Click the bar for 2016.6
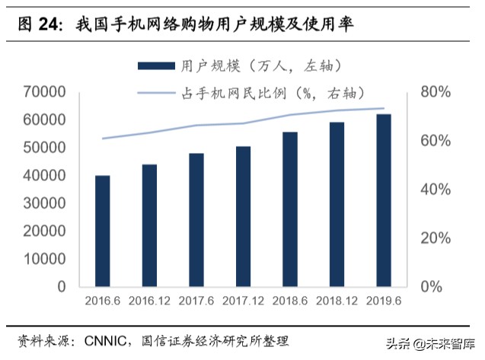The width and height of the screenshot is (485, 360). (102, 231)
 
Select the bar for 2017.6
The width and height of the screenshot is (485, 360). (196, 220)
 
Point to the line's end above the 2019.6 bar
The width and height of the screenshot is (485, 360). (384, 108)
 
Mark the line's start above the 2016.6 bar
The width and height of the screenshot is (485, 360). (102, 139)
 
